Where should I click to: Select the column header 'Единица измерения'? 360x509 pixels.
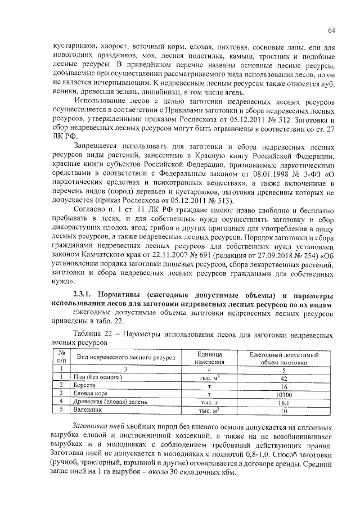click(x=209, y=358)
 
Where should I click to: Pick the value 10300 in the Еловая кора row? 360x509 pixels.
click(x=283, y=394)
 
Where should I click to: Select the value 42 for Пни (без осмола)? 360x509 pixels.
click(x=283, y=377)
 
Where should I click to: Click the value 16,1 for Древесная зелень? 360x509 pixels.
click(x=283, y=403)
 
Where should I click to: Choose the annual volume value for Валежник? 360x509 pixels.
click(x=283, y=411)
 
